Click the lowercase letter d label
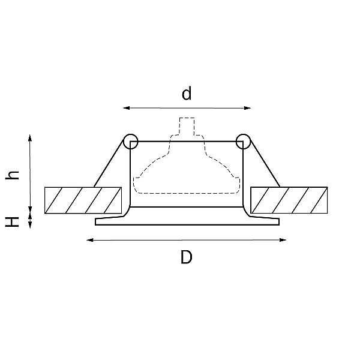click(187, 93)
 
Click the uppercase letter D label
click(186, 257)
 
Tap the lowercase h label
click(12, 175)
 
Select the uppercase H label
click(12, 222)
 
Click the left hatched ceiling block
click(83, 200)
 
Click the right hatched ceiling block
click(289, 200)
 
